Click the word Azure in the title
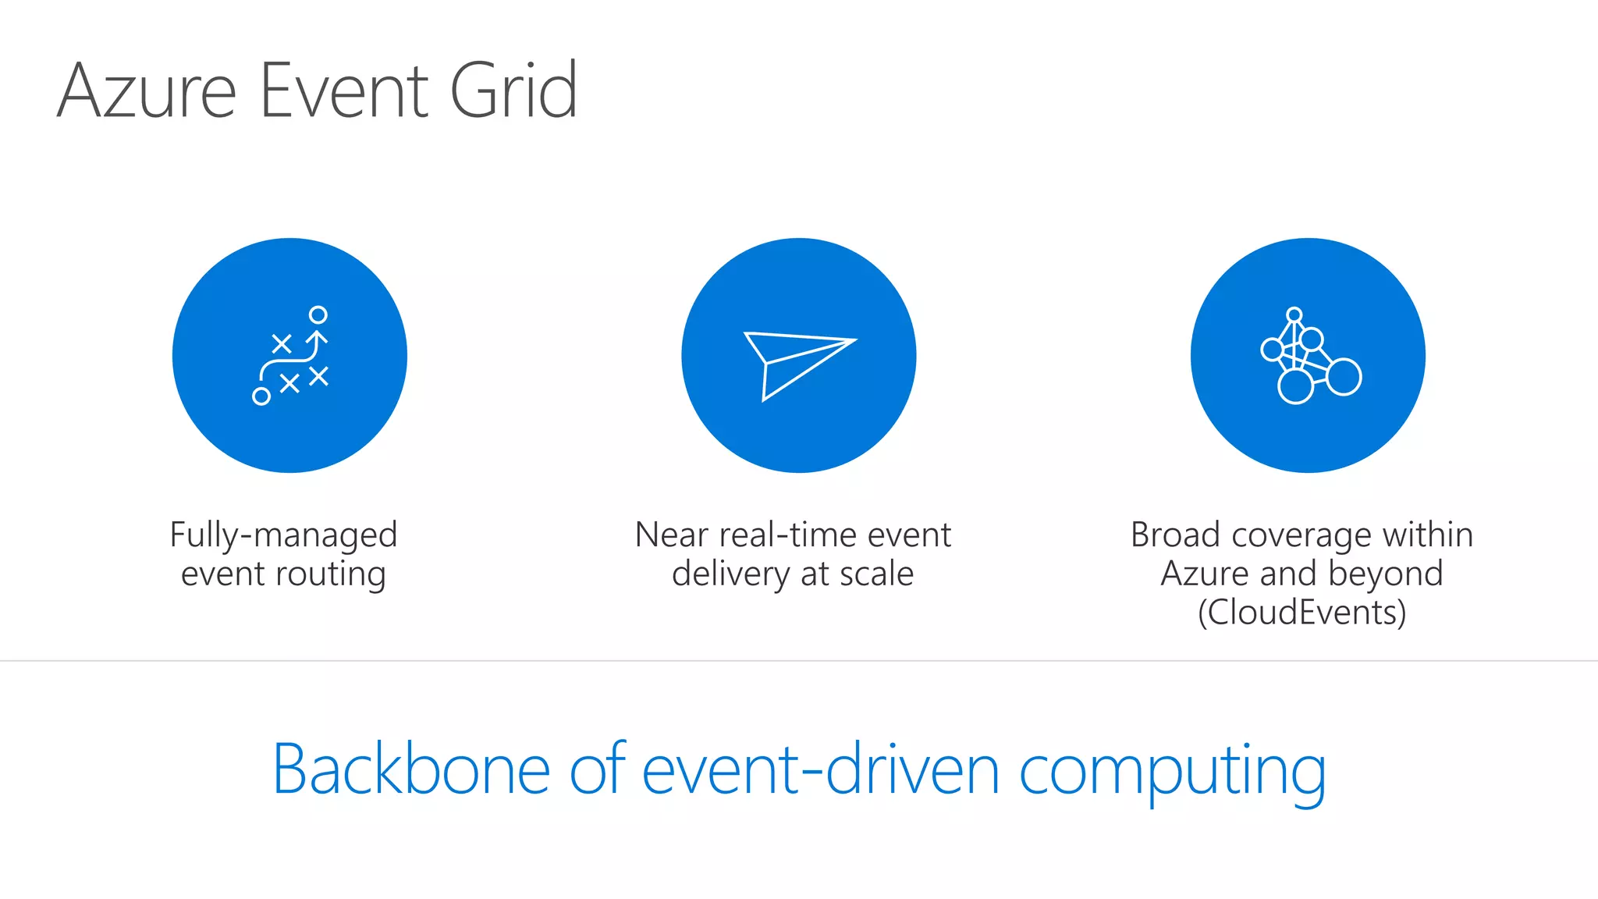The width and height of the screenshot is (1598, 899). tap(147, 91)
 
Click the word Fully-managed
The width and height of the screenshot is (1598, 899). tap(283, 536)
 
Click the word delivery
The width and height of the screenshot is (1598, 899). tap(730, 575)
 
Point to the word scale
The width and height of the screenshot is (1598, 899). tap(876, 574)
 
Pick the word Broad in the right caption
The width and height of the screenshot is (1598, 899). tap(1175, 535)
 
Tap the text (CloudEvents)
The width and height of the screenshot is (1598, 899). tap(1301, 613)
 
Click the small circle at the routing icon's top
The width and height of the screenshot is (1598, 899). tap(318, 314)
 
